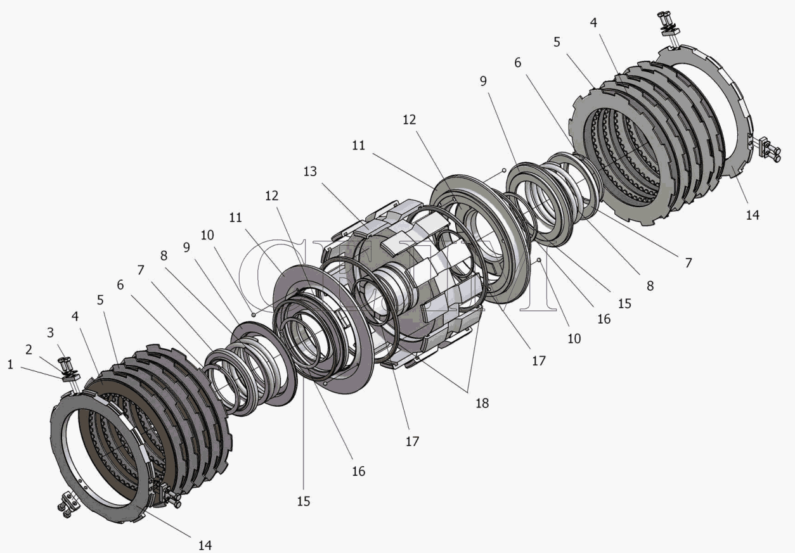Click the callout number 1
10,364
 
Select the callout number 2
29,350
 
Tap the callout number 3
50,333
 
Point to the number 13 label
310,171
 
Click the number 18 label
482,403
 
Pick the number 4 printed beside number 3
75,316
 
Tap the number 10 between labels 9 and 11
207,235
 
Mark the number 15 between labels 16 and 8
624,303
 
